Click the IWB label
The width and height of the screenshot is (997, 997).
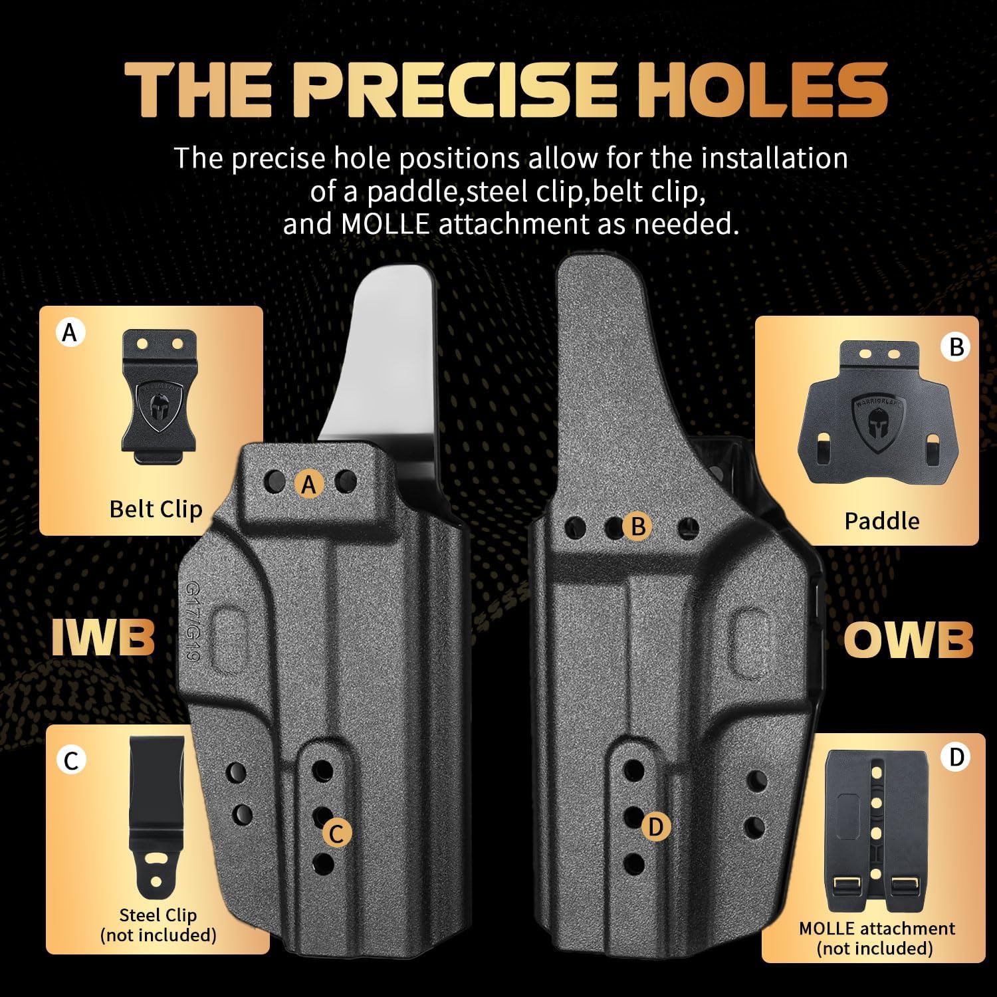tap(103, 637)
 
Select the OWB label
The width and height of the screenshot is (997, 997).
tap(909, 639)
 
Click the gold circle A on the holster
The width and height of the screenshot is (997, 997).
tap(308, 484)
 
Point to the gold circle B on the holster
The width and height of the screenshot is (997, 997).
tap(637, 526)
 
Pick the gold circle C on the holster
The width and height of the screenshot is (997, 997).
tap(337, 833)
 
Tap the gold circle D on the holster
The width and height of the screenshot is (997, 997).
tap(655, 827)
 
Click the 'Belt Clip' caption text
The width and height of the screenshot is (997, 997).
tap(156, 508)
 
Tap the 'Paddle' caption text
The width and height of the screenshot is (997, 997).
tap(882, 520)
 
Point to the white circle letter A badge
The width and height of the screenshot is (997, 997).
tap(70, 331)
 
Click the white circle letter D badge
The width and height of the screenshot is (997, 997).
tap(956, 757)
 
